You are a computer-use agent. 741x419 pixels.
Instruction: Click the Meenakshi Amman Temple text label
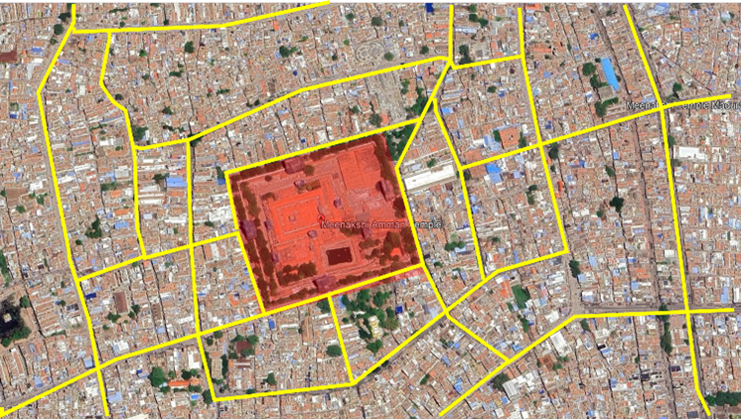pyautogui.click(x=383, y=224)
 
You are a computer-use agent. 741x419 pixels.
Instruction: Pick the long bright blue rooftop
pyautogui.click(x=609, y=71)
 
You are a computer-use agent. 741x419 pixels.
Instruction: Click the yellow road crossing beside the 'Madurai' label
pyautogui.click(x=663, y=108)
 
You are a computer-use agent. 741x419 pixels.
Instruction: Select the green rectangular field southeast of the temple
pyautogui.click(x=520, y=295)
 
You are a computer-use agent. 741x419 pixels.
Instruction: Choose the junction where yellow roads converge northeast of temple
pyautogui.click(x=450, y=63)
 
